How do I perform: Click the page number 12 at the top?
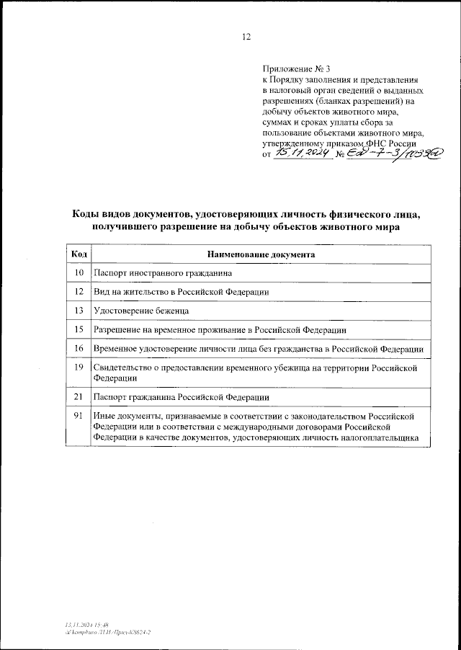pos(247,37)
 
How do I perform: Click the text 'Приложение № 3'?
pos(291,68)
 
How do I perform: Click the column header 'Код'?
pos(80,254)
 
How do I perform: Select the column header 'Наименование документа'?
pos(260,254)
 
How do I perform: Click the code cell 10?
pos(80,273)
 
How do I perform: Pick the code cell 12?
pos(80,292)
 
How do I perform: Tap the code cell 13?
pos(80,311)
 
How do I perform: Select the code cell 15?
pos(80,329)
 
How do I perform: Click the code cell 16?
pos(80,348)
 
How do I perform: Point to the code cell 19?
pos(80,368)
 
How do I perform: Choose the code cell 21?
pos(80,397)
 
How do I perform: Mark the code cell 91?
pos(80,416)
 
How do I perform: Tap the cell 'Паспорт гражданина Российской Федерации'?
pos(182,397)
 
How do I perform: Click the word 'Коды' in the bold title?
pos(88,214)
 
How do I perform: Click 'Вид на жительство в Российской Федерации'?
pos(182,292)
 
